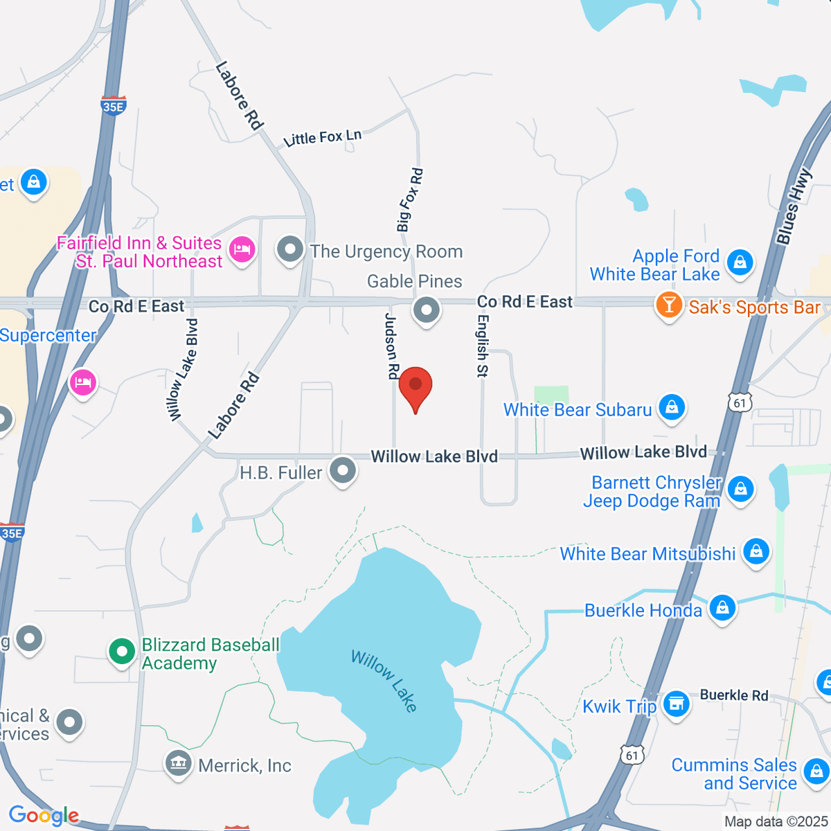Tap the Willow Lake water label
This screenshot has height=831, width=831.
pos(385,681)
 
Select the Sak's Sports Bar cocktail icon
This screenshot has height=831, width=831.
pos(669,305)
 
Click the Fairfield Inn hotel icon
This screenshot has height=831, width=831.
pos(242,248)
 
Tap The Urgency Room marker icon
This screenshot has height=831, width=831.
pos(290,249)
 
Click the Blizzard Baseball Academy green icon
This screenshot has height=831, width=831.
pos(123,651)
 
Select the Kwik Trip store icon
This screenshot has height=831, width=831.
pos(676,704)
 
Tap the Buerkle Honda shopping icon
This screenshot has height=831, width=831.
pos(722,608)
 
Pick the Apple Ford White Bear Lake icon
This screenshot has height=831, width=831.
pos(740,262)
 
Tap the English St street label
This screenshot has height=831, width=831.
pos(483,346)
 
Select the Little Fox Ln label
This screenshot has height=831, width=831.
pos(323,138)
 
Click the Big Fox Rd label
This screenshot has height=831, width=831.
pos(409,199)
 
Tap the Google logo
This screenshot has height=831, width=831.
pos(43,816)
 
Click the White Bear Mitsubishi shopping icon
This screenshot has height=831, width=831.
pos(756,552)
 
